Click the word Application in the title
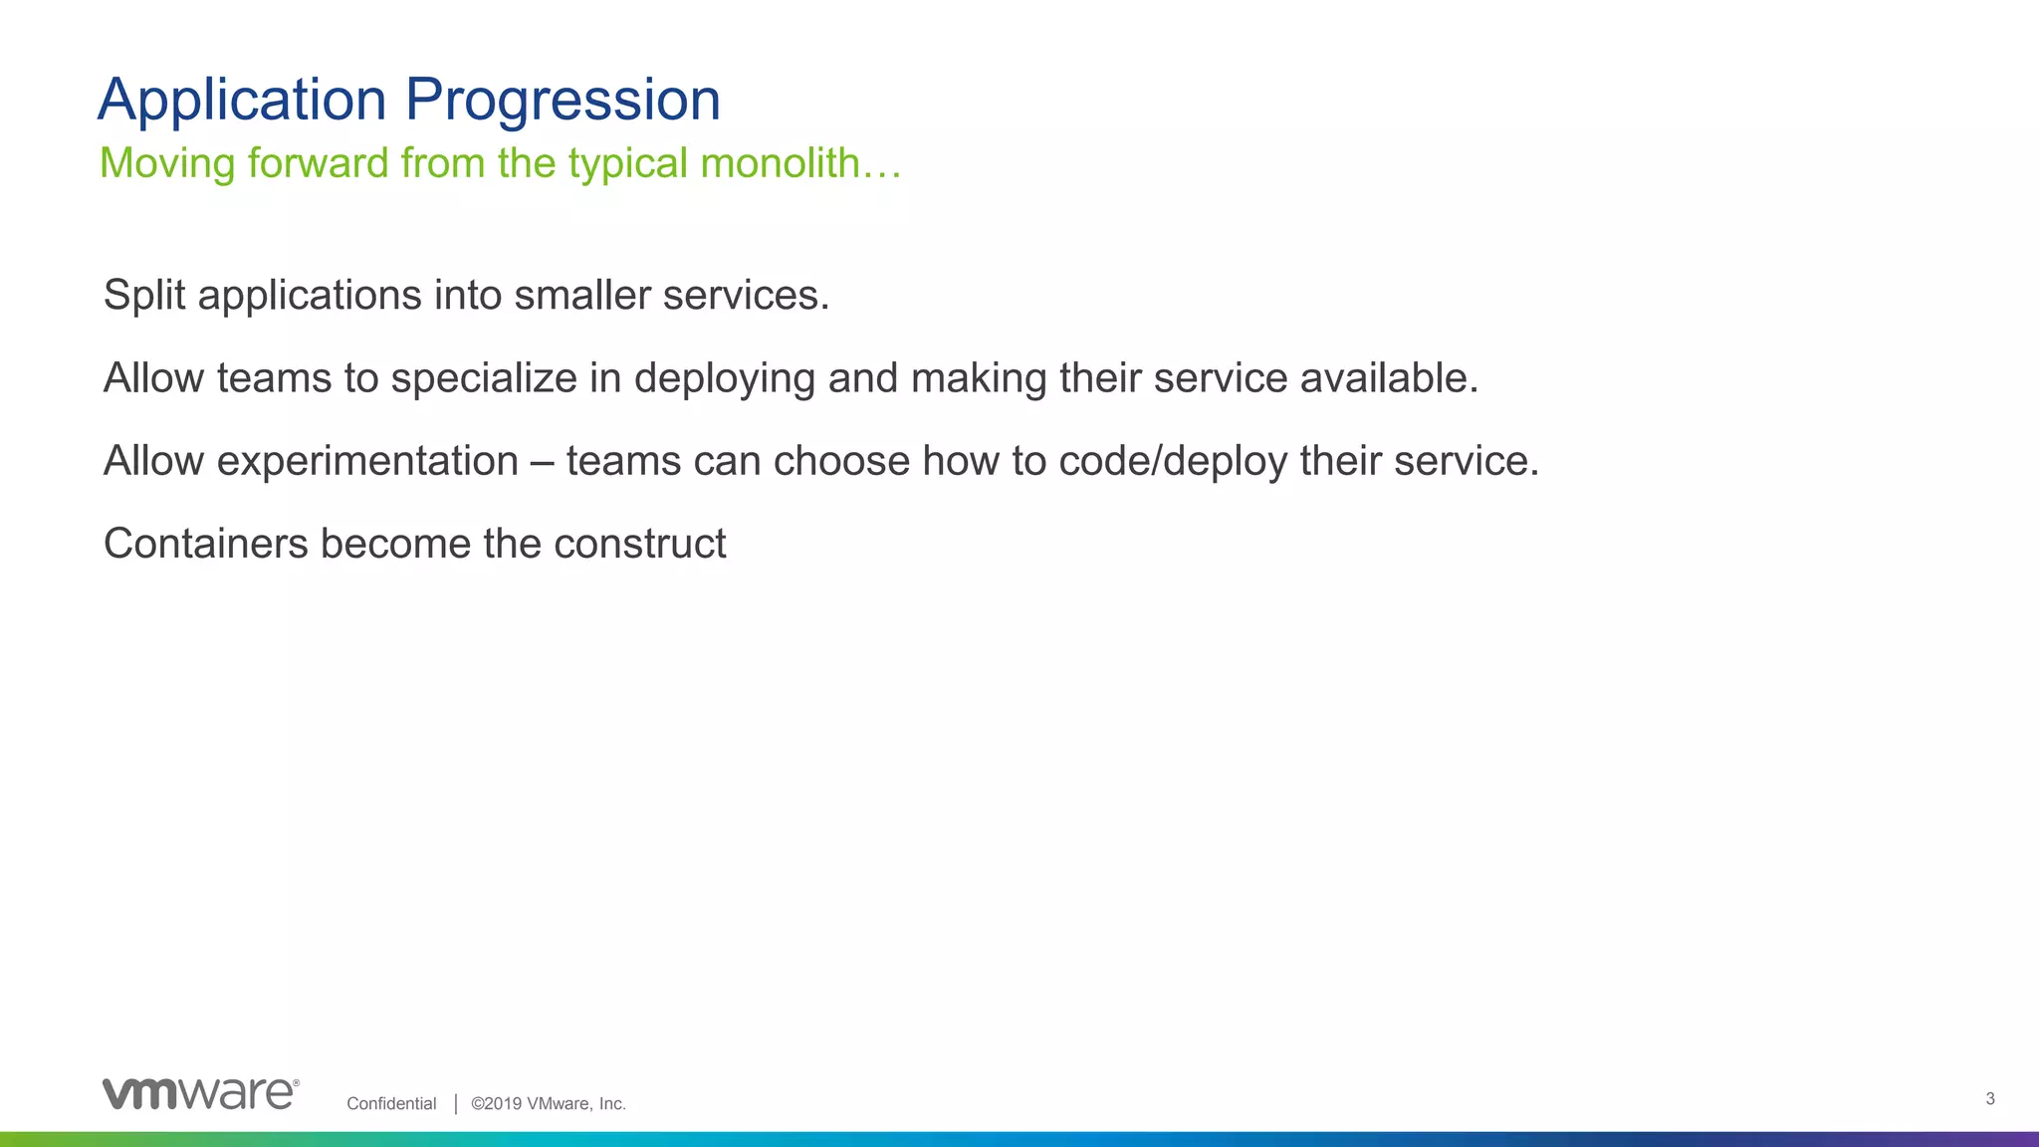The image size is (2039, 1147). click(242, 101)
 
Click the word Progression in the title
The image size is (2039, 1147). click(563, 101)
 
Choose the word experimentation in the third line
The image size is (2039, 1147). click(367, 461)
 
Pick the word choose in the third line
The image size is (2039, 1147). click(841, 461)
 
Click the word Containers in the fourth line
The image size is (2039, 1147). click(206, 544)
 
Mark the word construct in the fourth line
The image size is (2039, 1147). click(639, 544)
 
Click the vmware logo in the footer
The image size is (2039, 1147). click(200, 1093)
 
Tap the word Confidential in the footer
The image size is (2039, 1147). click(391, 1103)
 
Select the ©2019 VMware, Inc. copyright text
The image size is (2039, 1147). click(549, 1103)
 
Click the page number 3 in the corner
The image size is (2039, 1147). click(1990, 1099)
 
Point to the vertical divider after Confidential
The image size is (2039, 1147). click(456, 1103)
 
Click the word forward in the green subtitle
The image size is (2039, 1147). click(318, 163)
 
